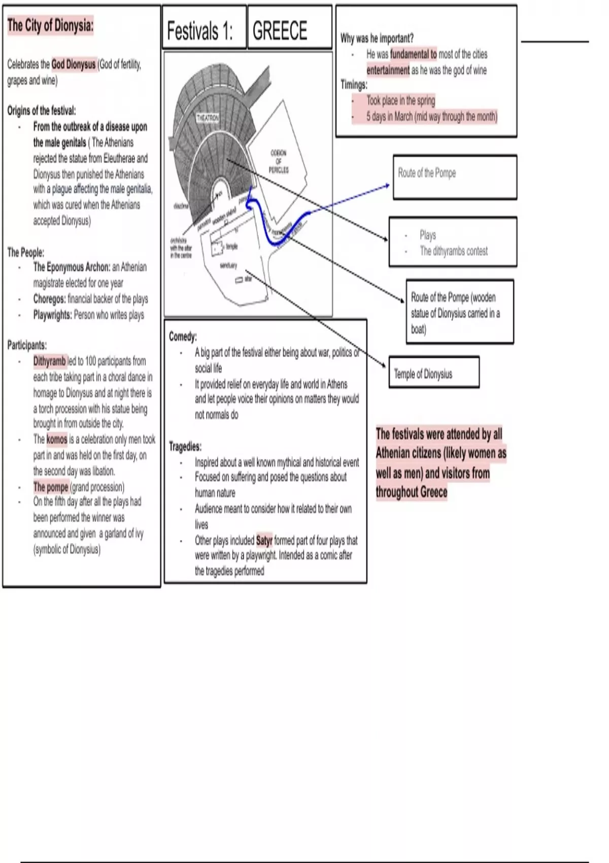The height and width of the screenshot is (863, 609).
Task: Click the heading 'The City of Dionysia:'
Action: [x=50, y=25]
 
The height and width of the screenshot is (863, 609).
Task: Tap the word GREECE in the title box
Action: [x=280, y=31]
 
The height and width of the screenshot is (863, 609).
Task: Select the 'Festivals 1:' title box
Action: [x=200, y=31]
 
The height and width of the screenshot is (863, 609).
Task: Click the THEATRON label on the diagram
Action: [x=208, y=118]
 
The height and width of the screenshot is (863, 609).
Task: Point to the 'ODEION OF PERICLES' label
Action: [x=279, y=161]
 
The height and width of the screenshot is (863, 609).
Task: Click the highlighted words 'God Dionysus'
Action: [x=74, y=64]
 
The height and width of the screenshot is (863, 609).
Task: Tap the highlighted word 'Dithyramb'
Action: [x=50, y=361]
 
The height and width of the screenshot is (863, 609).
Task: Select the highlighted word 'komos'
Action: [x=57, y=439]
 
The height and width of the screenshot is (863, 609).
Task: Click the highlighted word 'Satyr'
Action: [x=264, y=541]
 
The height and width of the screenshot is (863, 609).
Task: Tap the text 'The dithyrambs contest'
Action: [x=454, y=251]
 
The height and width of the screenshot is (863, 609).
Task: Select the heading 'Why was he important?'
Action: [x=377, y=38]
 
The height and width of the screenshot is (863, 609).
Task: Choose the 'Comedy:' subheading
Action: [x=183, y=337]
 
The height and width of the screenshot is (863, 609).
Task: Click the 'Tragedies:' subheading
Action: [x=185, y=447]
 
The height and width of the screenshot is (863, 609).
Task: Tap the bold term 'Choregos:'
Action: [x=49, y=299]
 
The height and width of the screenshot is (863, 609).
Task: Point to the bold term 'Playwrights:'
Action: [x=53, y=315]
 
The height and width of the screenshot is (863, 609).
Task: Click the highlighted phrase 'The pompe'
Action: [x=51, y=487]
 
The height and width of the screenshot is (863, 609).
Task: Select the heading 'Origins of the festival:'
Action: [x=42, y=111]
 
